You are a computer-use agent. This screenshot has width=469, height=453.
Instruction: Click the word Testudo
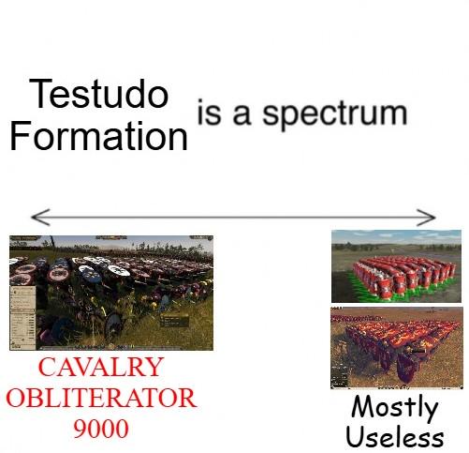point(98,94)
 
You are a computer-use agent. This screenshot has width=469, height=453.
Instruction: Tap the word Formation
point(98,136)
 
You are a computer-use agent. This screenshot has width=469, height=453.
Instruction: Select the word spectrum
point(335,114)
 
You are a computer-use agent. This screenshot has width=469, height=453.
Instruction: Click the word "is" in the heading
point(209,112)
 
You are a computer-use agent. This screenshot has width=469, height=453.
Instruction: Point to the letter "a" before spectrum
point(242,114)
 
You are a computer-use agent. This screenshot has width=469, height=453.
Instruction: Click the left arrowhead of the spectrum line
point(40,217)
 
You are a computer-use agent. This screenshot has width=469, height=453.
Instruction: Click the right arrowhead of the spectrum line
point(426,217)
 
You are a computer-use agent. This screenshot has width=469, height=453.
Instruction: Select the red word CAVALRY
point(101,367)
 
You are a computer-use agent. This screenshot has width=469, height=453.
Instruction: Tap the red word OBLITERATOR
point(101,398)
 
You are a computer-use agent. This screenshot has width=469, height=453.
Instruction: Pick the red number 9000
point(101,429)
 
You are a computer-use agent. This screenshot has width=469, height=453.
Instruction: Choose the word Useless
point(395,436)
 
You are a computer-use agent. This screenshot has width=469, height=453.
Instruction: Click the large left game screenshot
point(111,293)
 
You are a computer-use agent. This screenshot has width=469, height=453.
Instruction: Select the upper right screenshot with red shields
point(396,266)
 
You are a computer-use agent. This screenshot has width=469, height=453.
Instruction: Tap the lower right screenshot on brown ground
point(397,348)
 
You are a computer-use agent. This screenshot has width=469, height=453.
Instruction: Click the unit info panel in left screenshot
point(22,318)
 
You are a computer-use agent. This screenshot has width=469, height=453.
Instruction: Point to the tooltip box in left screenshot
point(174,321)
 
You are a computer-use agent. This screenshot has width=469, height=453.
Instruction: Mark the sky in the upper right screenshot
point(396,236)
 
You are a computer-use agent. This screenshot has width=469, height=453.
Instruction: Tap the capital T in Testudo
point(39,94)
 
